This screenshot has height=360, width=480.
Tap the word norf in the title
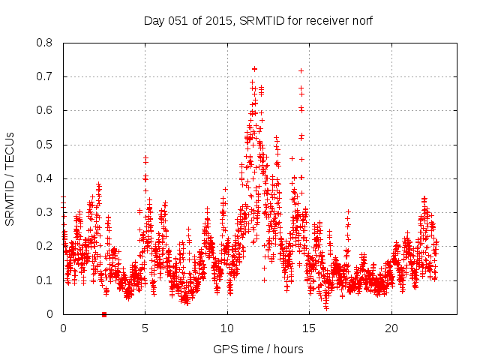click(361, 21)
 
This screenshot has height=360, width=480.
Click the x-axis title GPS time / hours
click(258, 349)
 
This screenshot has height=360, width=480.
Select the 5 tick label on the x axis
click(145, 328)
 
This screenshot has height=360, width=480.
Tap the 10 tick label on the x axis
click(227, 328)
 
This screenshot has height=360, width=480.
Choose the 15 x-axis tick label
click(309, 328)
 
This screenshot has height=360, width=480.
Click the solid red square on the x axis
click(104, 314)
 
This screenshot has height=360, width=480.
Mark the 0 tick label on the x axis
click(63, 328)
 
